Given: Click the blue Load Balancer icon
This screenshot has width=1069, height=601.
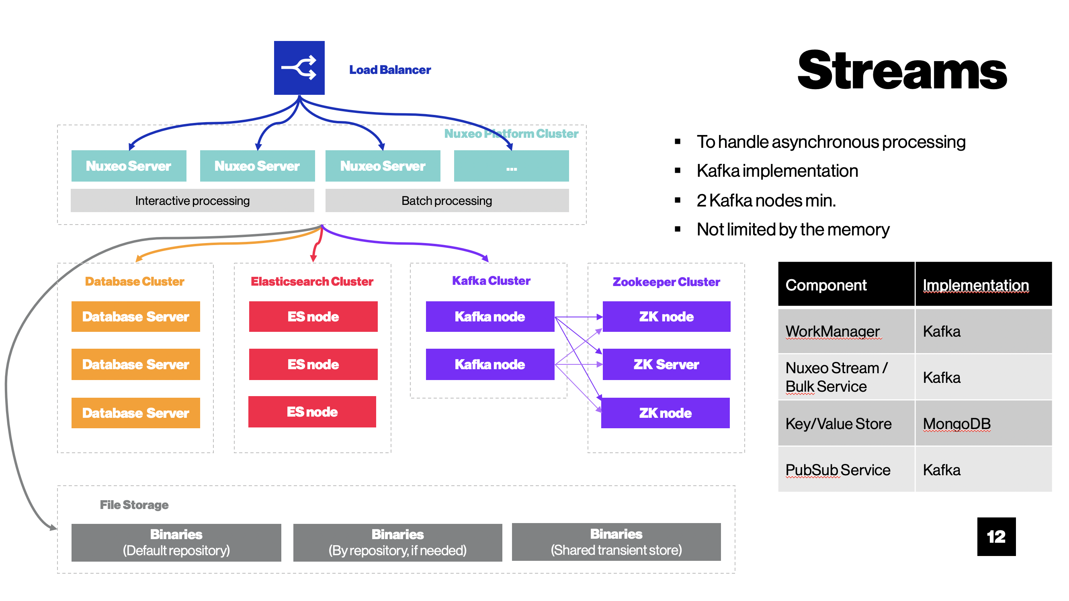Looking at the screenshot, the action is coord(299,67).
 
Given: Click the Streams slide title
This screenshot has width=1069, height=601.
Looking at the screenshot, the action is coord(902,69).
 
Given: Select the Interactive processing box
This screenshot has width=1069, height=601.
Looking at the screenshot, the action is coord(192,201).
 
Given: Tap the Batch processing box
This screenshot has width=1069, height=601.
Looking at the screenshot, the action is coord(447,201).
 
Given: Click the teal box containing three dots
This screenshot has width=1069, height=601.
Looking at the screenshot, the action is coord(511,166).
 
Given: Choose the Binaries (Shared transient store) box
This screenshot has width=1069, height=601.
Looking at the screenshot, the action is coord(616,542).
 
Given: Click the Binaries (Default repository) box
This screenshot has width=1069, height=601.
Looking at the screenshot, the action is coord(176,542).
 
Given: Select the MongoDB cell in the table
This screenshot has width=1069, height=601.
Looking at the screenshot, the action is coord(983,423).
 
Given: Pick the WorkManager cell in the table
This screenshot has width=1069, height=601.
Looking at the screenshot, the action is coord(846,331).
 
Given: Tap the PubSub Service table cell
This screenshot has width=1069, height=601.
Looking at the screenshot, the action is coord(846,470).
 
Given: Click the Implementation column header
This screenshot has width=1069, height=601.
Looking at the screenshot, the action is coord(983,284).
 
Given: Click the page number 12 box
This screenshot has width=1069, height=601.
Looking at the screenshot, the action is coord(996,537).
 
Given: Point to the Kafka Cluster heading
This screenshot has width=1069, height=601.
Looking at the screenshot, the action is coord(491,281).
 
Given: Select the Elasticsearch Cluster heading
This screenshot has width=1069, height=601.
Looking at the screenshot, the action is coord(312,282).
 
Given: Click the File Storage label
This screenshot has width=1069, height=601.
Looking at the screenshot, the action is coord(134,505).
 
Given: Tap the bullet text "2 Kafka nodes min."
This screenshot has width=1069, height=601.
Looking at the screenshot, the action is coord(766,201).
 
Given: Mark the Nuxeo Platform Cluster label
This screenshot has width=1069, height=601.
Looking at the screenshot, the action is coord(511,133).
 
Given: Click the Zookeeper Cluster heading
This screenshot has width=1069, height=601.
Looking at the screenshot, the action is coord(666,282).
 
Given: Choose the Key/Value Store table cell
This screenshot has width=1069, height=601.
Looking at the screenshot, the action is coord(846,423).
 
